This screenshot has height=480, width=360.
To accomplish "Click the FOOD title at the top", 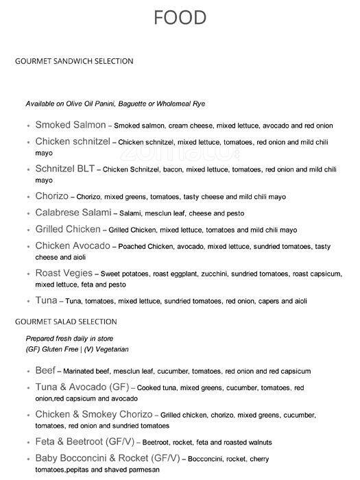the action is pos(180,17).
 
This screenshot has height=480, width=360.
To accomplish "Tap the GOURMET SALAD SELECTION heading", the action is pos(66,322).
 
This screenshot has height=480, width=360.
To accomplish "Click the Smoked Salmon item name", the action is pos(70,125).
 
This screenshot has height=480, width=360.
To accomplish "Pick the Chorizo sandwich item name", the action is pos(53,196).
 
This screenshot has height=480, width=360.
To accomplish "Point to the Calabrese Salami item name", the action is pos(72,213).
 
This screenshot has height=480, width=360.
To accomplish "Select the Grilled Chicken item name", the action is pos(67,229).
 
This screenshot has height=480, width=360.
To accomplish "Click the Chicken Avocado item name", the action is pos(72,245).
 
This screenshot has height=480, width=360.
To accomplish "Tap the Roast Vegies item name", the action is pos(63,273).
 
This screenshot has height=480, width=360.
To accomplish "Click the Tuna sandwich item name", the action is pos(46,300).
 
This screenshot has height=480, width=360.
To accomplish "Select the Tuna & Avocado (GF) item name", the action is pos(82,387).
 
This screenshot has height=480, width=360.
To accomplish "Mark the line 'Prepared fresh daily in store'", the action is pos(69,339).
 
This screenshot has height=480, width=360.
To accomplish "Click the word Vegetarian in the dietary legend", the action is pos(110,349).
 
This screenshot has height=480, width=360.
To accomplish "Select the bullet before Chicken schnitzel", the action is pos(27,142).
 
